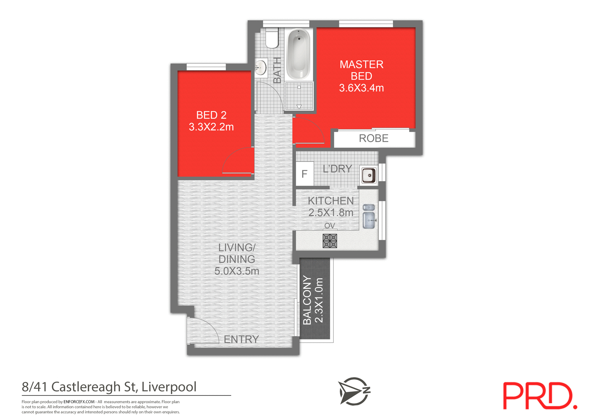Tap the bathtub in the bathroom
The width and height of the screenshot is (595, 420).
coord(298,54)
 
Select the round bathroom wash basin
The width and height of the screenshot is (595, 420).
coord(261,67)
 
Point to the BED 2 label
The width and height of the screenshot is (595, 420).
coord(211,115)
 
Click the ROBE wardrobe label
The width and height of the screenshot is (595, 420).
coord(373,138)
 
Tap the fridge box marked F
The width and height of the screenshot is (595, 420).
coord(305,174)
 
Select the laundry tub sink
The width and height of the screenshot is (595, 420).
coord(369,175)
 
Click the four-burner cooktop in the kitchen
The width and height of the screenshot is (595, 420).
coord(329,241)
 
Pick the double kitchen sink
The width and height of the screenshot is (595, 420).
coord(369,217)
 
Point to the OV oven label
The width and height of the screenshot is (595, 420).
coord(329,226)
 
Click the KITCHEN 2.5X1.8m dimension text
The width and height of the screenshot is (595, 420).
coord(331,213)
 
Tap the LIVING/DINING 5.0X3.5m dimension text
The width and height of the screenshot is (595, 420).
coord(237,271)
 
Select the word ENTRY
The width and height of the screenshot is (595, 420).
coord(241,340)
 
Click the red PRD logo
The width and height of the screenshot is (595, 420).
coord(540,396)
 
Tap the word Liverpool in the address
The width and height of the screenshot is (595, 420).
coord(169,387)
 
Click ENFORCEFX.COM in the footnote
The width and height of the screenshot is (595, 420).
coord(79,402)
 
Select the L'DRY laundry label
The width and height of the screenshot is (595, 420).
coord(337,169)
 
